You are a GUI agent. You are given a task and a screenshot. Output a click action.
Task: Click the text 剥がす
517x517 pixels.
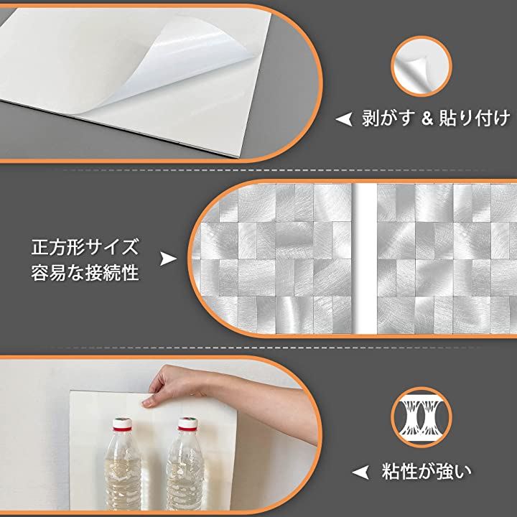(x=388, y=118)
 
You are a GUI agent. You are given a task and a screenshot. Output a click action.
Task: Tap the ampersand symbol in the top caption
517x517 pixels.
(x=427, y=118)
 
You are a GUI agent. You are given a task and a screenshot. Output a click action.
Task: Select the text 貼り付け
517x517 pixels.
(x=475, y=118)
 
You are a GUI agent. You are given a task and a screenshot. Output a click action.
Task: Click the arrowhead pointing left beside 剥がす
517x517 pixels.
(x=344, y=119)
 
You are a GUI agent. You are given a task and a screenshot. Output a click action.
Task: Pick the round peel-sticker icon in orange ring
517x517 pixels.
(x=421, y=66)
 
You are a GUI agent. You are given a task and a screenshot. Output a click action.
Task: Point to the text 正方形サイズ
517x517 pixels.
(x=85, y=247)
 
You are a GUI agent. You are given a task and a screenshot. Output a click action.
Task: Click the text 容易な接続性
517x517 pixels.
(x=85, y=274)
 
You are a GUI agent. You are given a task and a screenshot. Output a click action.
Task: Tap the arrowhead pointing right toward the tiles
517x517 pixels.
(x=168, y=258)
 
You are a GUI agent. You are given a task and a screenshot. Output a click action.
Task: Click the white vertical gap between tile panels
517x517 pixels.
(x=364, y=258)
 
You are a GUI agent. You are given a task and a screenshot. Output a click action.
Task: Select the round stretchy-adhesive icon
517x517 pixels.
(x=421, y=417)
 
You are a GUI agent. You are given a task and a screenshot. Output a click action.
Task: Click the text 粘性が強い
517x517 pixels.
(x=427, y=472)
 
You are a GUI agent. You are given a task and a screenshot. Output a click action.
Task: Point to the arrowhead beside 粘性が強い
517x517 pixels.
(x=360, y=472)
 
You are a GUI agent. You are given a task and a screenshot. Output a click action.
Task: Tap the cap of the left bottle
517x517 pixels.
(x=122, y=424)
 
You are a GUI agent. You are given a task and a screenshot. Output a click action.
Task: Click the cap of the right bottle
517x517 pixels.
(x=187, y=424)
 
